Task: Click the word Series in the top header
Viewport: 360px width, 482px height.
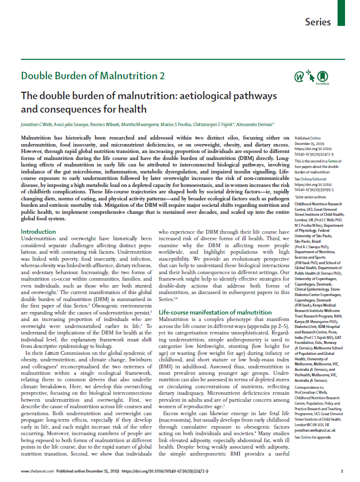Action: point(318,22)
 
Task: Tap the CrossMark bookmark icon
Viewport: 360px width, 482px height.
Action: point(323,76)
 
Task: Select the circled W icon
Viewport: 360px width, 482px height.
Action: point(299,76)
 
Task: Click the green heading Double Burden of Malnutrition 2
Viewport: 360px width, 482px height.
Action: point(92,76)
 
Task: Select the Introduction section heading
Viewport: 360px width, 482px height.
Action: point(38,232)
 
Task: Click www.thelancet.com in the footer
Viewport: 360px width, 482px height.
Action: point(37,471)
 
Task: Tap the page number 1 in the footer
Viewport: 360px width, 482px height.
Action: point(342,471)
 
